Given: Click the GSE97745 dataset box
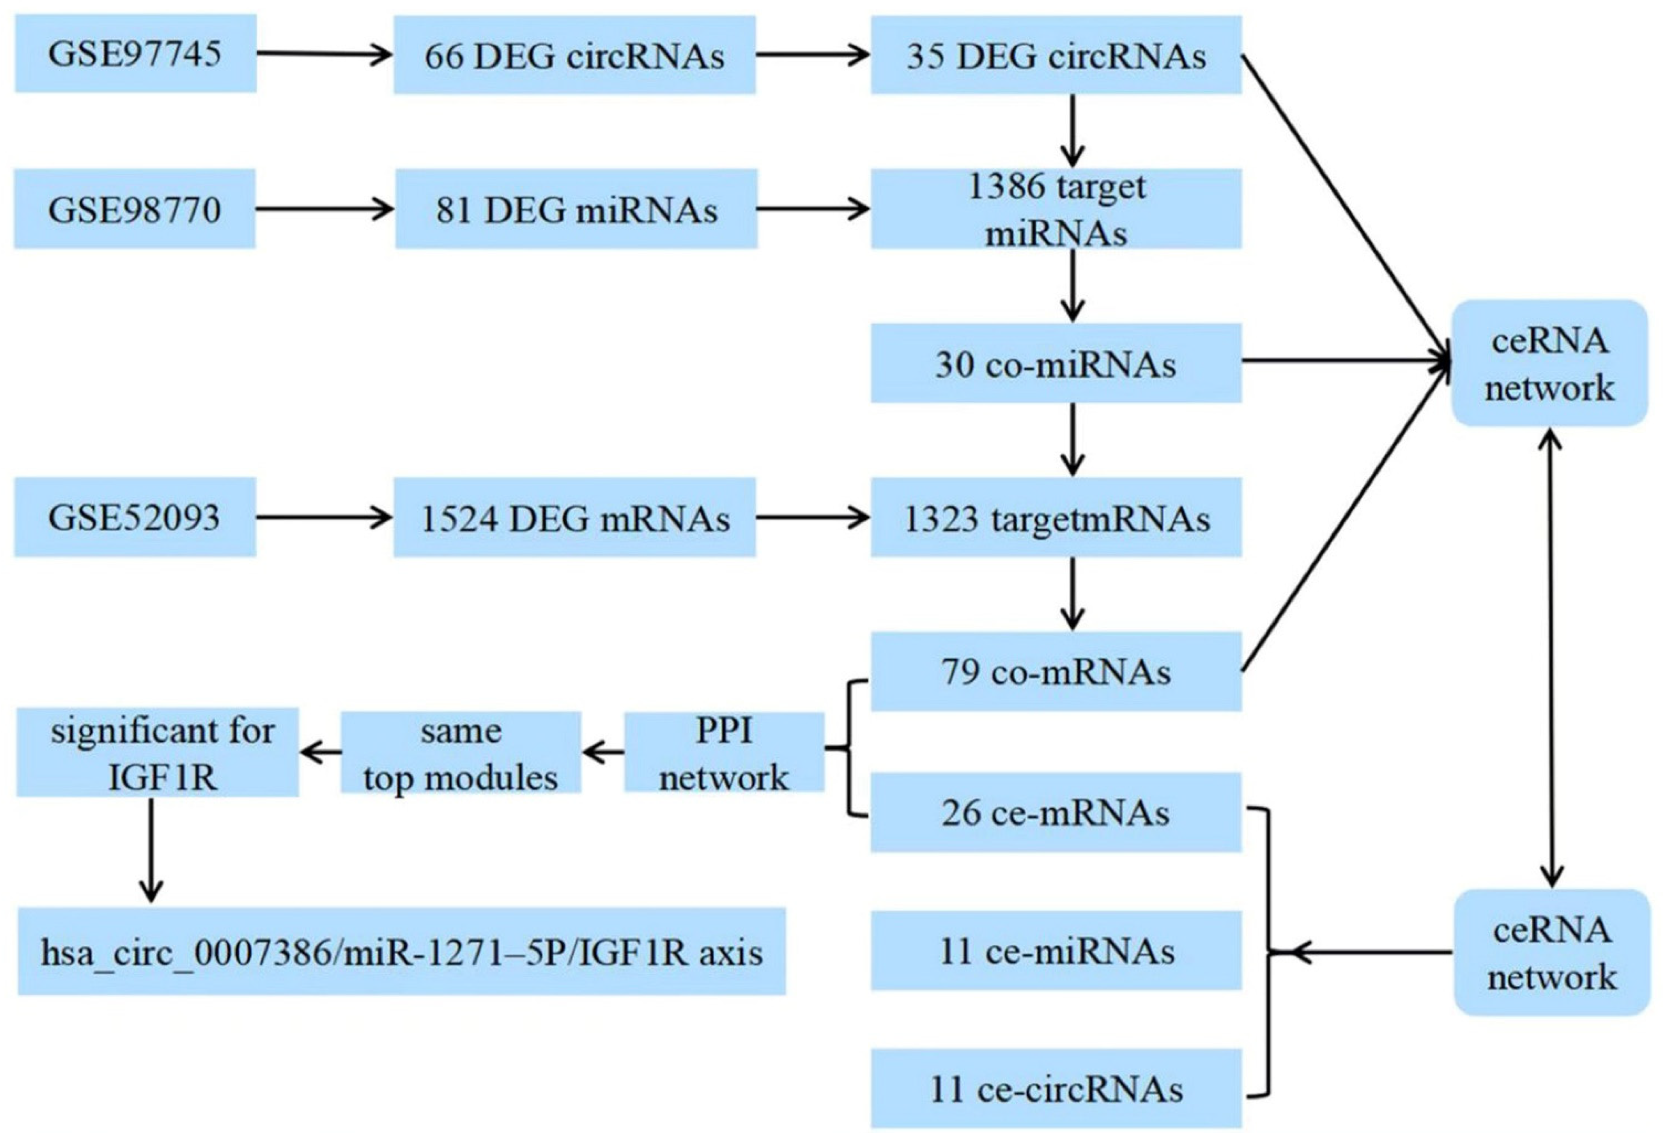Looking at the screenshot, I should click(135, 54).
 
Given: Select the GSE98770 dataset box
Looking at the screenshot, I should click(135, 209).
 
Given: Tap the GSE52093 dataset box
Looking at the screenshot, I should click(135, 517).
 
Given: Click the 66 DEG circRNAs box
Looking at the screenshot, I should click(574, 55).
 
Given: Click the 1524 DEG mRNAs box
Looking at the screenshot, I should click(574, 517).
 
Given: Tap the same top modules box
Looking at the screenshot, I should click(460, 752).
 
